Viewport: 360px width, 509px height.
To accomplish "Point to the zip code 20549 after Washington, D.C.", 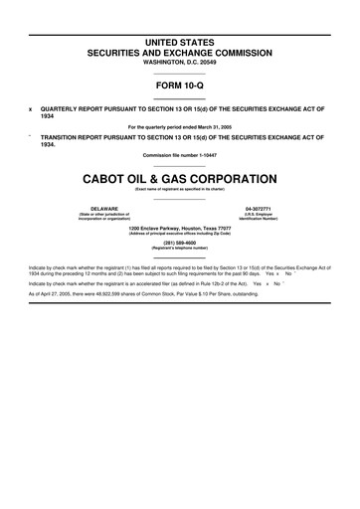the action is (210, 62).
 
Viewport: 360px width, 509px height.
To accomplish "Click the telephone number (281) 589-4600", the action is (180, 242).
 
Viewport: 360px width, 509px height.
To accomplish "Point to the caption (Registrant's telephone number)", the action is (180, 248).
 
